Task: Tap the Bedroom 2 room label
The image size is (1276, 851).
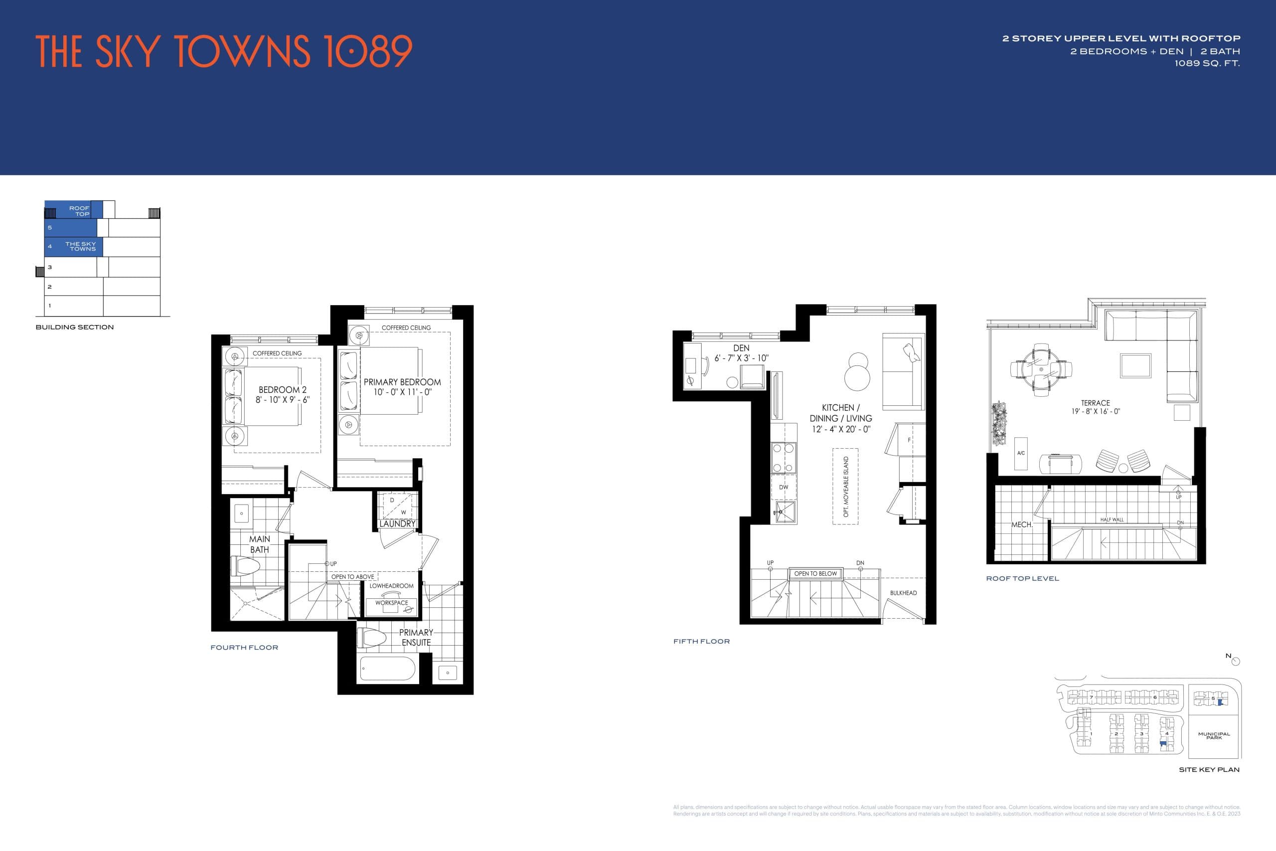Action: [282, 390]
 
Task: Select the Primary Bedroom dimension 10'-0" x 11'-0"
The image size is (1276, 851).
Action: [402, 392]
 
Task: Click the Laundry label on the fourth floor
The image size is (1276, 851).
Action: [397, 524]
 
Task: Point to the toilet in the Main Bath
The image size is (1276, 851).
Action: [246, 566]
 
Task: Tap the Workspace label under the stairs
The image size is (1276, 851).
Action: [391, 602]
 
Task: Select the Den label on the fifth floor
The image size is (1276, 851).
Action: [741, 348]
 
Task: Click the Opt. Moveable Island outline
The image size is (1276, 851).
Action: [845, 486]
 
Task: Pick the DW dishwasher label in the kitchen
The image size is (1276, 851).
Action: [784, 487]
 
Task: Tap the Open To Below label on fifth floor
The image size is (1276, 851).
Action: [815, 574]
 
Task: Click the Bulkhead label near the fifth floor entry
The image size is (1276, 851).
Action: [903, 593]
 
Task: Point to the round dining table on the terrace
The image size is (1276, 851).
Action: [1041, 369]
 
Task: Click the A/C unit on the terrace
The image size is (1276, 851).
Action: [1021, 453]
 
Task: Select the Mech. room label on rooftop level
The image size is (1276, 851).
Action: [1022, 525]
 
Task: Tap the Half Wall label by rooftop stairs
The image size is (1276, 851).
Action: [1112, 519]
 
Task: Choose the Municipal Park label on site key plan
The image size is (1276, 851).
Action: [1214, 735]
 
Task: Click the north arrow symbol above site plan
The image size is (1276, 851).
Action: [1235, 661]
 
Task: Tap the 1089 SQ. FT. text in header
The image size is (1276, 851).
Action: [1207, 63]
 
